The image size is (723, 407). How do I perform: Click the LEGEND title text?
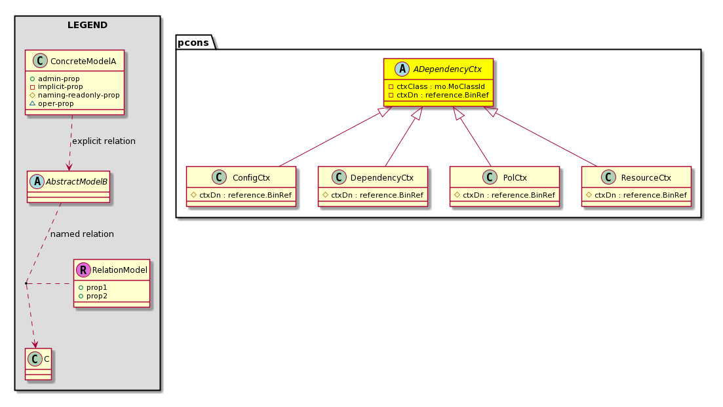87,25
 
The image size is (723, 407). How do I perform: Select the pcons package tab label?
193,43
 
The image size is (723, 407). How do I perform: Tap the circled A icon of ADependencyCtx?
402,69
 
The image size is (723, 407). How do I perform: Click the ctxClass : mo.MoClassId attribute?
440,86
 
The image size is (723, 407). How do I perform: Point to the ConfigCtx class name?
251,178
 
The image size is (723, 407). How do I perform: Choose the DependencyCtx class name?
381,178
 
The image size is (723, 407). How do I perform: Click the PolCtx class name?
515,178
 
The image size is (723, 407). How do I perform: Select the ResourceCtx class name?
646,178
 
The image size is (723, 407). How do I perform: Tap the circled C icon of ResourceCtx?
609,177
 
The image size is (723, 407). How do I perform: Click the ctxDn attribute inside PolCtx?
509,195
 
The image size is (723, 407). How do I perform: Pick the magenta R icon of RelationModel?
83,270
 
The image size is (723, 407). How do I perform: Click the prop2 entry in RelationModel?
97,296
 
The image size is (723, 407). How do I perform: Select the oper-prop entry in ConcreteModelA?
56,103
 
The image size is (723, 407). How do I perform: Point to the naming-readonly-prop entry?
79,95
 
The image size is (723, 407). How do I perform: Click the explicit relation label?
104,141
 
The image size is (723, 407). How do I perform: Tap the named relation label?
82,234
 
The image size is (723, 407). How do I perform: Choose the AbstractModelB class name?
77,182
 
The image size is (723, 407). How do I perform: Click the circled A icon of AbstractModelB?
37,181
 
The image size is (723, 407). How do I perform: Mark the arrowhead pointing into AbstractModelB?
69,167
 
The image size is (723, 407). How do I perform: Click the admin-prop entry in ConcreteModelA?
58,79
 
